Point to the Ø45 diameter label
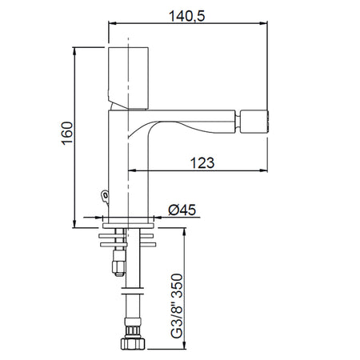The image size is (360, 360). (184, 210)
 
